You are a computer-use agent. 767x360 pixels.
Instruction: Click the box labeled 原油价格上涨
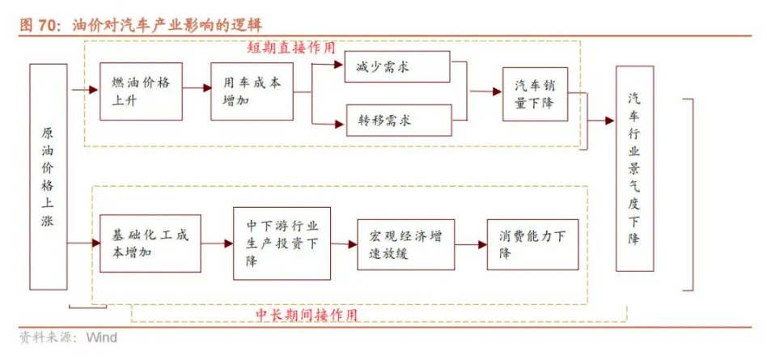click(x=49, y=176)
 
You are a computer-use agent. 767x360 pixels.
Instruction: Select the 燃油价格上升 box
click(x=141, y=91)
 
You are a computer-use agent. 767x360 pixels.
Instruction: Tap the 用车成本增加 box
click(x=252, y=91)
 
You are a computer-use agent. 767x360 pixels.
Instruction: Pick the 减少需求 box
click(x=396, y=66)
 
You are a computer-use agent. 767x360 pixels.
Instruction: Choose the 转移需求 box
click(x=396, y=121)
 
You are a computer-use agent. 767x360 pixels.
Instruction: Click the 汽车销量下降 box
click(x=535, y=94)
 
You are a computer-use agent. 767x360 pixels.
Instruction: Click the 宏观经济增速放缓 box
click(x=405, y=244)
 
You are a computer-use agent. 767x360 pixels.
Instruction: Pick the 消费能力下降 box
click(x=532, y=244)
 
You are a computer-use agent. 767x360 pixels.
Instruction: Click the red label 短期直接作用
click(x=290, y=48)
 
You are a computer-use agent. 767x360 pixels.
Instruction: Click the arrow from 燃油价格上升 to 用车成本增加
click(x=196, y=90)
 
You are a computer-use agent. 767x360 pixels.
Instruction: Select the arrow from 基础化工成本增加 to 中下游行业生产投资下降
click(x=217, y=243)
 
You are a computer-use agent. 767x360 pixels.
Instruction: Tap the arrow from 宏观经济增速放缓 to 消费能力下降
click(x=470, y=243)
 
